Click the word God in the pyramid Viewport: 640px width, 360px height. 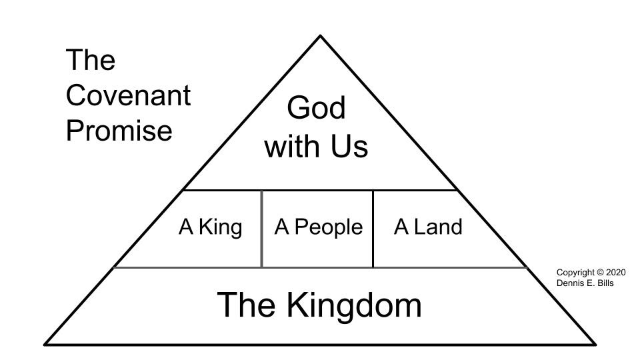317,108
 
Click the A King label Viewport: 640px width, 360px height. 210,227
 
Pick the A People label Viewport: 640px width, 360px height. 318,227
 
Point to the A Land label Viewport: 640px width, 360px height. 427,227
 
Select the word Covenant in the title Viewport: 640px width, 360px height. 128,95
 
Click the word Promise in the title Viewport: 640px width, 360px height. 119,130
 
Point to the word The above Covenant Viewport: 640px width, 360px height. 91,61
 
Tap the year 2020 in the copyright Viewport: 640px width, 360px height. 616,273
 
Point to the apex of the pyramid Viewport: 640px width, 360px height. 320,36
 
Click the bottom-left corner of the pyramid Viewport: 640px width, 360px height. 45,345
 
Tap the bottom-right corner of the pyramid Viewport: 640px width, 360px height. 595,345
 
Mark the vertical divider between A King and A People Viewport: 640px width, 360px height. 261,229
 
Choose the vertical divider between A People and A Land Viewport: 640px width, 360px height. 373,229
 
